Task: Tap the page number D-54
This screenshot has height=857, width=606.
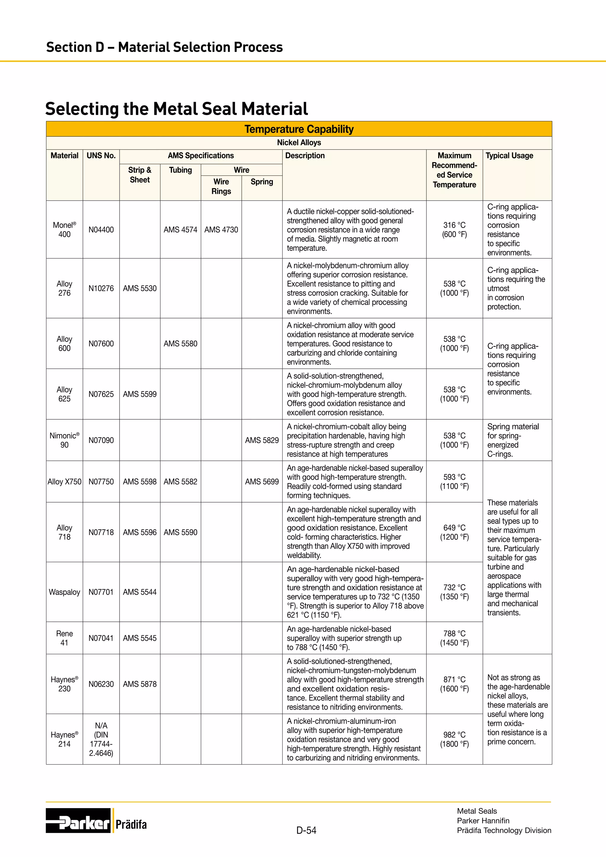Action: (306, 830)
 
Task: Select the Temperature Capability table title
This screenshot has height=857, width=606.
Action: (299, 129)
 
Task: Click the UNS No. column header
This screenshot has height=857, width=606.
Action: (101, 156)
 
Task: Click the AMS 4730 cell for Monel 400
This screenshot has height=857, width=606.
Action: (221, 230)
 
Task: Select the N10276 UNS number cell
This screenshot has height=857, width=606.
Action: (101, 288)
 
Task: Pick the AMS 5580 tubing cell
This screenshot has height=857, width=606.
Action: (180, 343)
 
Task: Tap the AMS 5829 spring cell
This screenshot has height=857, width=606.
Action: (262, 440)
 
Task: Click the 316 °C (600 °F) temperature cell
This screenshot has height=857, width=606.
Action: (454, 230)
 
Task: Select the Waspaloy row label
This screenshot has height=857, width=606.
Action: (65, 592)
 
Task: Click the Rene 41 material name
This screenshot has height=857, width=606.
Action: (65, 638)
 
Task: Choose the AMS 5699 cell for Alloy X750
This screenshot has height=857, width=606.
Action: (262, 481)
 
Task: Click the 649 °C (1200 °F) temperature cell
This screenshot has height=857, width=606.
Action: (454, 532)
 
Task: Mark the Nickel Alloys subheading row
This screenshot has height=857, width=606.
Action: (299, 143)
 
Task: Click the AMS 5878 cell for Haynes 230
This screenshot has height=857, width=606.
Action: (140, 684)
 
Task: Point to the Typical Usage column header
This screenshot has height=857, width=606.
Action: (509, 156)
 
